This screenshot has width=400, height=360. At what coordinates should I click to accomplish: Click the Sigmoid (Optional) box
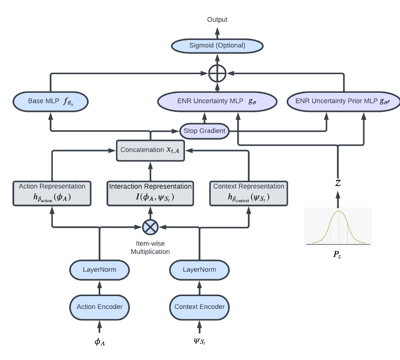[x=218, y=45]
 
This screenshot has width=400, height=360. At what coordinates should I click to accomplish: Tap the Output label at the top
[x=217, y=20]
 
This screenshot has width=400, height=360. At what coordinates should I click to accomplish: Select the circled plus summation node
[x=218, y=73]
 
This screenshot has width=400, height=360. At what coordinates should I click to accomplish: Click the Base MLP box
[x=50, y=102]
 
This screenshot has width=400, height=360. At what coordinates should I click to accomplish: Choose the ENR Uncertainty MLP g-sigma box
[x=217, y=102]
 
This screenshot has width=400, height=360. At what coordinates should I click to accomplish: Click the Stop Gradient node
[x=205, y=131]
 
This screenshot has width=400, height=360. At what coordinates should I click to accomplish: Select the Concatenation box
[x=150, y=150]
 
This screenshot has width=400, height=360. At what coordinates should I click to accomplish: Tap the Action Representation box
[x=53, y=194]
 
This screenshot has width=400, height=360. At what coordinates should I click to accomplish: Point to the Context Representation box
[x=248, y=194]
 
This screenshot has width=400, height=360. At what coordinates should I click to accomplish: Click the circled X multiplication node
[x=150, y=227]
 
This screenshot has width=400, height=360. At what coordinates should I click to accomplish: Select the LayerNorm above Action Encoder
[x=99, y=269]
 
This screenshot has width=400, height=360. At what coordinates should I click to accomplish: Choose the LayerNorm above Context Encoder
[x=200, y=269]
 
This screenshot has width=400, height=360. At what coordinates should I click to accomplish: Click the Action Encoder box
[x=99, y=306]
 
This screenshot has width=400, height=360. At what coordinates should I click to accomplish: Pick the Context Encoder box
[x=200, y=306]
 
